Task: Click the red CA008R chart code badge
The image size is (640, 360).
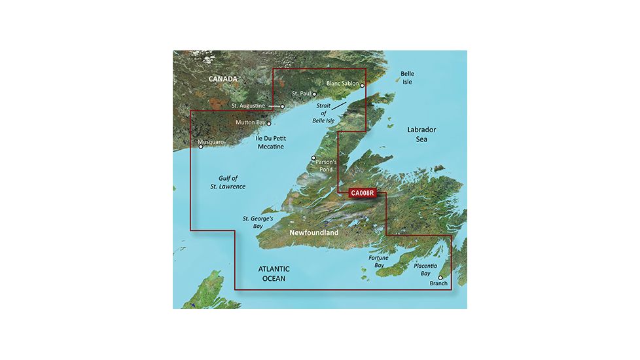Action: pos(362,193)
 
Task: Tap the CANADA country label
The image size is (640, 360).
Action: pos(224,79)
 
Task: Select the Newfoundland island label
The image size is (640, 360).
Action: pos(315,232)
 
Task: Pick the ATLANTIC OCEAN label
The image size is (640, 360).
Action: pos(274,274)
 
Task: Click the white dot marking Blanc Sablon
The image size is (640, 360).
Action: pos(362,85)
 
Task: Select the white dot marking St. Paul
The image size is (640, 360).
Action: pos(314,94)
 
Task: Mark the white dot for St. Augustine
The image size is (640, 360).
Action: pos(283,106)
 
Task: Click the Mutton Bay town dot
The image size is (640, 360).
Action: pos(268,122)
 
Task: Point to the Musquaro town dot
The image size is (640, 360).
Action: pos(201,147)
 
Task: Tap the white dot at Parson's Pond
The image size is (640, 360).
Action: pos(313,158)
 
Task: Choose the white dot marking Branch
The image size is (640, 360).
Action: pos(440,278)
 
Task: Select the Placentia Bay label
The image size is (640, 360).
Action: pos(430,268)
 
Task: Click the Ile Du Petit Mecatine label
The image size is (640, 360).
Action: pos(270,142)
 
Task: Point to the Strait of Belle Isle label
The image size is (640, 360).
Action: pos(325,114)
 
